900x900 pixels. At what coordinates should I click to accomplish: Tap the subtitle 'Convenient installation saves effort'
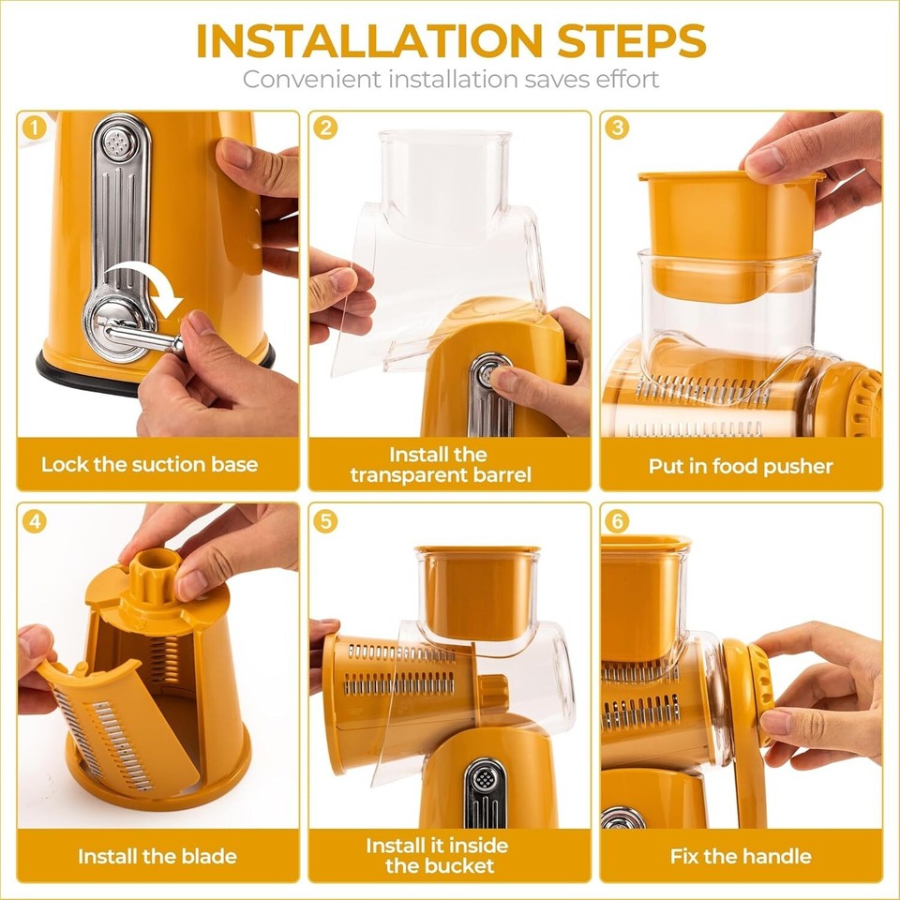point(450,79)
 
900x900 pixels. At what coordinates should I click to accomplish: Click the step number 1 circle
point(34,127)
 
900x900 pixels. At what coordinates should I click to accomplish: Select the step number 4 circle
point(34,521)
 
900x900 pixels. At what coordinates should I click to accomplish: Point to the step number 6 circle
point(616,521)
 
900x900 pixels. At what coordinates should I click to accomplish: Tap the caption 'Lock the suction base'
point(149,464)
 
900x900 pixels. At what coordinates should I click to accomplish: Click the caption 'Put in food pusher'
point(741,465)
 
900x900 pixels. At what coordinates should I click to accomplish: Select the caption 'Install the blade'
point(157,856)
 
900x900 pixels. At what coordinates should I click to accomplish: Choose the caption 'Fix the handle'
point(741,856)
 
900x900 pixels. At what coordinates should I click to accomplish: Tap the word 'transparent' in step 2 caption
point(408,474)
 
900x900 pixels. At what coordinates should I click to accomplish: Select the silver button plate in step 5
point(485,793)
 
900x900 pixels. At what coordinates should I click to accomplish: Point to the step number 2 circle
point(324,127)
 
